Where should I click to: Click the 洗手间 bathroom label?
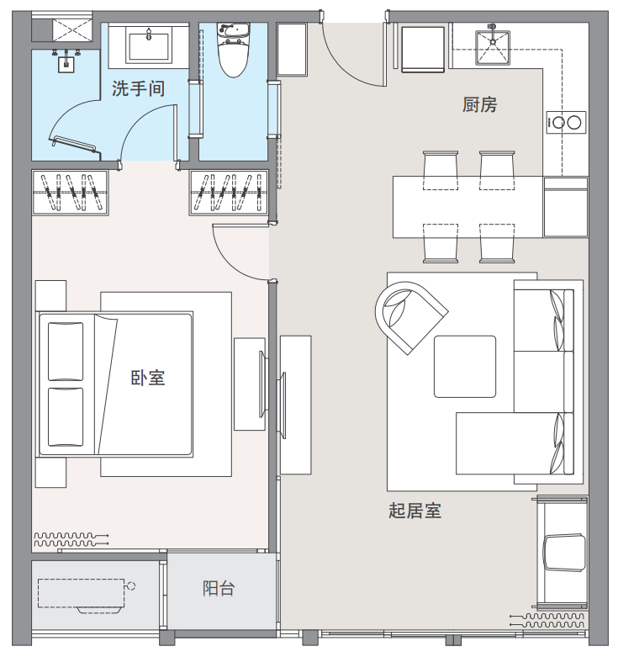click(x=138, y=89)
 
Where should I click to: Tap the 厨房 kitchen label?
click(x=480, y=105)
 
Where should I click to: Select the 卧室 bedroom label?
click(x=148, y=378)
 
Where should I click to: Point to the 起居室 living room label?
click(x=415, y=511)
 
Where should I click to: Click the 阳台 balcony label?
click(x=219, y=589)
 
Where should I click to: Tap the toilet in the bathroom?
click(x=234, y=50)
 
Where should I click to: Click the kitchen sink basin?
click(x=493, y=48)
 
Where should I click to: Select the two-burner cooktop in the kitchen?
click(x=566, y=123)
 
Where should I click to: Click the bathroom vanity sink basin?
click(x=149, y=46)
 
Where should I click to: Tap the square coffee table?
click(x=465, y=367)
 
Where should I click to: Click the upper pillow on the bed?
click(x=66, y=351)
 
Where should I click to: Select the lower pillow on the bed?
click(x=66, y=417)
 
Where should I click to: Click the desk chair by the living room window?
click(x=564, y=552)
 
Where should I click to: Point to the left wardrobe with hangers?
click(x=71, y=193)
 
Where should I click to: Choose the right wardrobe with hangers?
click(x=229, y=193)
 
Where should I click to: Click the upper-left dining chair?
click(x=441, y=170)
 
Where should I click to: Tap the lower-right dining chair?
click(x=497, y=243)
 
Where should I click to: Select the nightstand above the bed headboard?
click(x=50, y=295)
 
